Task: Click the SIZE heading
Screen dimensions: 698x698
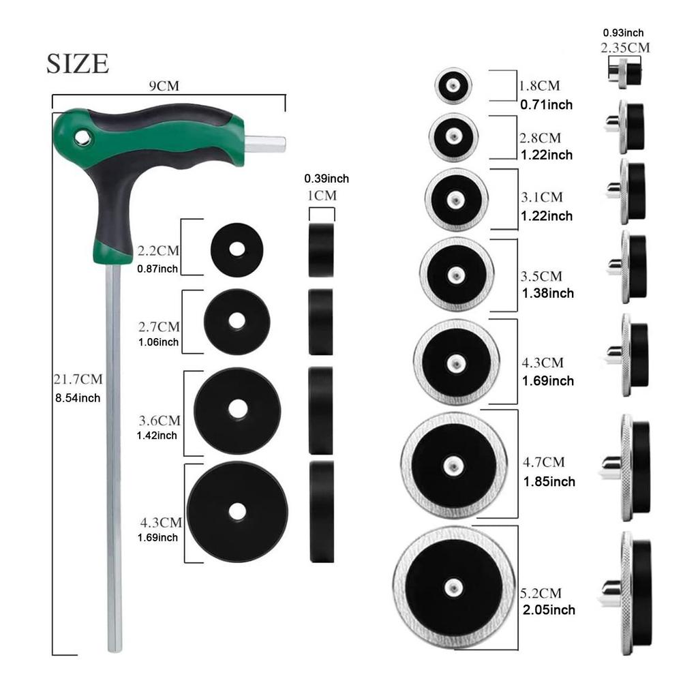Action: (78, 63)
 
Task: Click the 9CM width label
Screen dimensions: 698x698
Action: (164, 85)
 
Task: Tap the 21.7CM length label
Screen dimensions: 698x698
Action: (78, 379)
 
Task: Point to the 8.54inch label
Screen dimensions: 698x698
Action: (78, 398)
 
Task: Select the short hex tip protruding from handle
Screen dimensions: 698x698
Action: (265, 145)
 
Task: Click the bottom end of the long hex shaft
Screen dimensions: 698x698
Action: (115, 651)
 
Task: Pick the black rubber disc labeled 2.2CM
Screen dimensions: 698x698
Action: (237, 249)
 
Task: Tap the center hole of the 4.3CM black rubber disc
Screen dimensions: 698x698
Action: (237, 512)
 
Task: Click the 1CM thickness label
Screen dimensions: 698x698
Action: (322, 196)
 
